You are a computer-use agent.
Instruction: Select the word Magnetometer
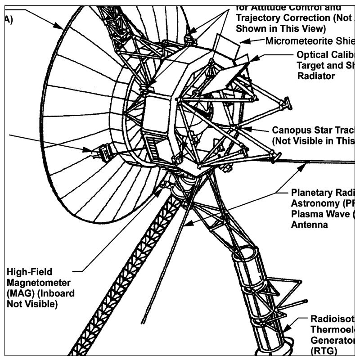click(x=39, y=283)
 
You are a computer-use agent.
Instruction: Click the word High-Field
click(x=29, y=272)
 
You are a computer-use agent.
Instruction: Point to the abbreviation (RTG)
click(x=324, y=350)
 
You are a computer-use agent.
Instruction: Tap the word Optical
click(x=313, y=54)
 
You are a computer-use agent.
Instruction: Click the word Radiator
click(x=316, y=76)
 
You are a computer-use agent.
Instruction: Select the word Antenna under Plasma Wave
click(x=310, y=224)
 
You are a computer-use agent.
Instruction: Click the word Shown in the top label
click(x=250, y=28)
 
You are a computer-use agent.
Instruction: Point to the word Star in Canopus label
click(x=324, y=130)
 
